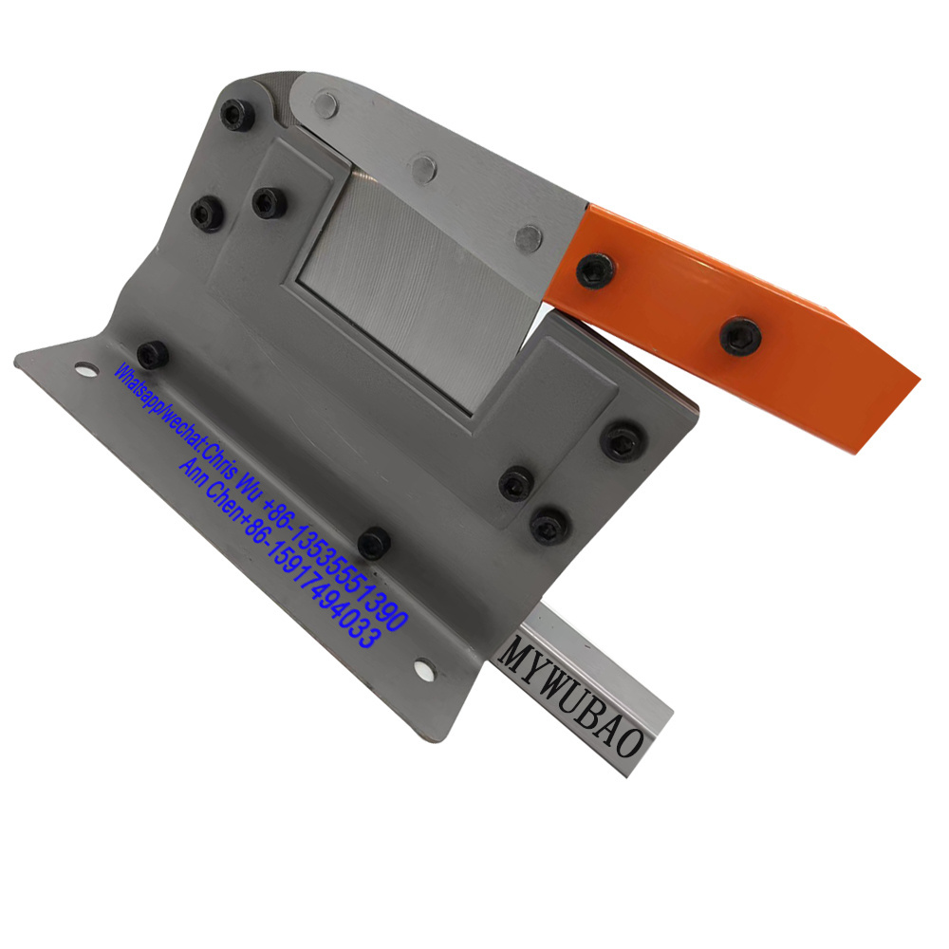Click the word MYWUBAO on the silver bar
571,697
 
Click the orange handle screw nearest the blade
595,270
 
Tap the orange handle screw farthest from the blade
740,337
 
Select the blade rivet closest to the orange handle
529,238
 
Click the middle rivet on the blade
424,169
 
